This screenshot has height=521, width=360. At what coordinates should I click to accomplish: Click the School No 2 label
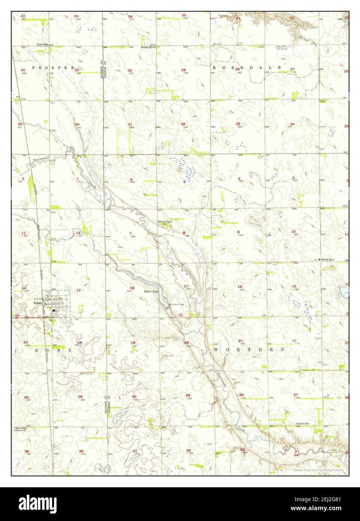point(166,222)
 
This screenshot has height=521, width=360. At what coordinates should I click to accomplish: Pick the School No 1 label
point(327,259)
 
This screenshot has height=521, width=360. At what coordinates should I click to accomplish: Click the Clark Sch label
point(21,428)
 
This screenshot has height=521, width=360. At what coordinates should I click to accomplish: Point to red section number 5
point(184,182)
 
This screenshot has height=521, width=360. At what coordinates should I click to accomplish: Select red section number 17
point(186,286)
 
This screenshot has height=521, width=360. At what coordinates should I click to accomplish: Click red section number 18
point(132,288)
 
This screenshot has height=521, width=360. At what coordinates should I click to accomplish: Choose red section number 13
point(78,290)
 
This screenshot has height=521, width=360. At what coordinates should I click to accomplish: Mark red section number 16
point(240,287)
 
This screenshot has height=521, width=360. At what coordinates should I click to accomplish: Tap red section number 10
point(293,232)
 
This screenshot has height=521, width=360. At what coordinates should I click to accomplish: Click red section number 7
point(130,234)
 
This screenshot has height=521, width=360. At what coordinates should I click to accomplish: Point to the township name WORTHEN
point(249,349)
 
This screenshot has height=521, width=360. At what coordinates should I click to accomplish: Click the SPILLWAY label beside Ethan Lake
point(173,304)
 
